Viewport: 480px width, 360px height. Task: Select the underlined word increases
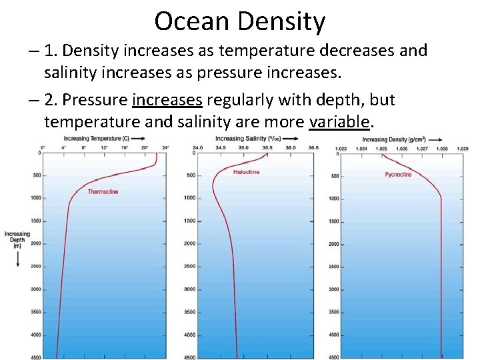167,100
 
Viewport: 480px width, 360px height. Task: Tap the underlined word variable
339,121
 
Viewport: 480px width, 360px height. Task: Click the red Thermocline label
103,192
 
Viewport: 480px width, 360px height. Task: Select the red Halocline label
246,172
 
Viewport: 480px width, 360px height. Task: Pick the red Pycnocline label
398,175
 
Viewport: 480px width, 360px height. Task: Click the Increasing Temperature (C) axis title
101,139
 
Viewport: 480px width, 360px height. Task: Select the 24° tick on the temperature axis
165,147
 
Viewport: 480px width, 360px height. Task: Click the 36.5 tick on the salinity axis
313,147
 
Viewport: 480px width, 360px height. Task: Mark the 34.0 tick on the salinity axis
198,147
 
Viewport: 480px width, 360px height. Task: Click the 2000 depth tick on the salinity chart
189,243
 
